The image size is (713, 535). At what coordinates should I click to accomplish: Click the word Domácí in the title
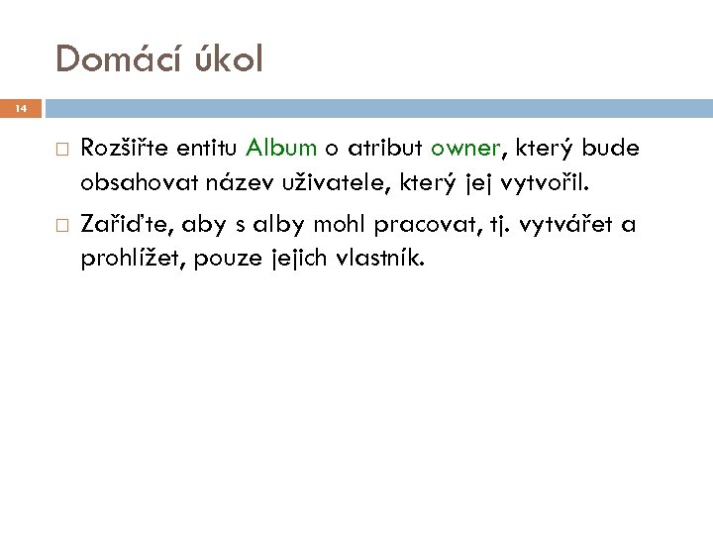click(120, 58)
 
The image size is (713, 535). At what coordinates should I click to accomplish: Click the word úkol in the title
click(229, 58)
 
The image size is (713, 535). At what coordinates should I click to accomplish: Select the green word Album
click(281, 150)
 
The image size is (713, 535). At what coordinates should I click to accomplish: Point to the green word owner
click(467, 150)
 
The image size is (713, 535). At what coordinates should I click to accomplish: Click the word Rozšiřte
click(124, 150)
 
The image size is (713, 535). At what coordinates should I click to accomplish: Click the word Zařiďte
click(120, 227)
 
